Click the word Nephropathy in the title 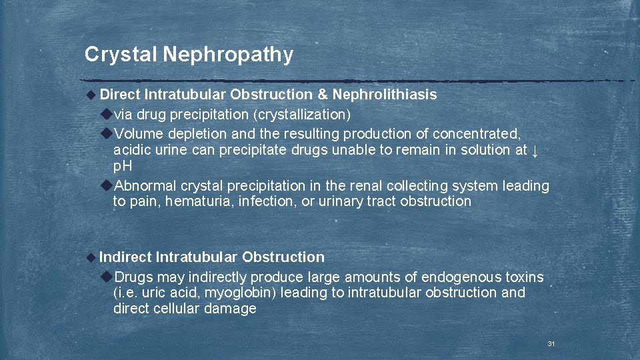pyautogui.click(x=227, y=55)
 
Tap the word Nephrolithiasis pyautogui.click(x=385, y=95)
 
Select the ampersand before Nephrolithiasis pyautogui.click(x=323, y=95)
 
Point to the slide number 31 pyautogui.click(x=551, y=343)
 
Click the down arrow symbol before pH pyautogui.click(x=535, y=150)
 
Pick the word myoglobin pyautogui.click(x=241, y=293)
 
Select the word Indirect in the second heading pyautogui.click(x=125, y=257)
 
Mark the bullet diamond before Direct pyautogui.click(x=91, y=95)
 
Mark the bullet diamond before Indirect pyautogui.click(x=91, y=258)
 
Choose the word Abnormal pyautogui.click(x=143, y=185)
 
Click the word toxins pyautogui.click(x=524, y=277)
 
